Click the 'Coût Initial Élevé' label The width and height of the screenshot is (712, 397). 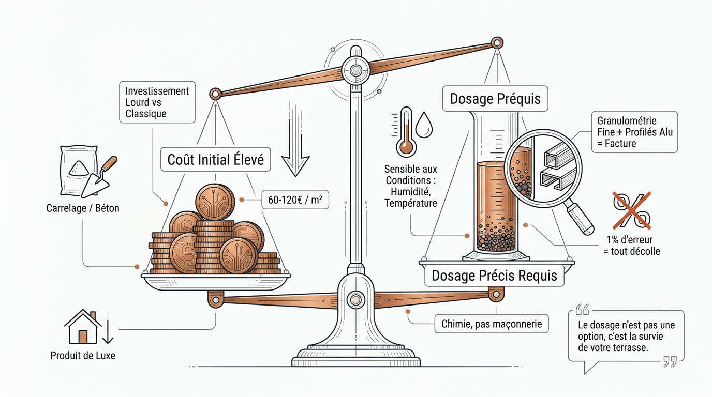[x=216, y=160]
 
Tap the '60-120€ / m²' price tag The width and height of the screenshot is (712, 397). [x=292, y=200]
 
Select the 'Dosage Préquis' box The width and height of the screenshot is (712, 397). [x=495, y=99]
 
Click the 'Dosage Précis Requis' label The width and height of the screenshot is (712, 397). [x=494, y=276]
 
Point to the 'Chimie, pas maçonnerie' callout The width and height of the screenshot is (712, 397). [x=492, y=324]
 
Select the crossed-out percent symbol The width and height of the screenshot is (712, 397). [x=632, y=210]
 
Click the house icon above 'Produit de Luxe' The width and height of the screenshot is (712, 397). [x=83, y=327]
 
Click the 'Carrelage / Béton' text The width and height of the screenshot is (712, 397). [x=83, y=209]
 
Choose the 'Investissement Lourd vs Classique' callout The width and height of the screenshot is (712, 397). [x=157, y=102]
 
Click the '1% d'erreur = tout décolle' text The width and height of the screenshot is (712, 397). [x=632, y=246]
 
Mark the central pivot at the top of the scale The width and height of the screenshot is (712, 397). [x=355, y=70]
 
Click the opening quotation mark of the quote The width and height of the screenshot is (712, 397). [x=582, y=310]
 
